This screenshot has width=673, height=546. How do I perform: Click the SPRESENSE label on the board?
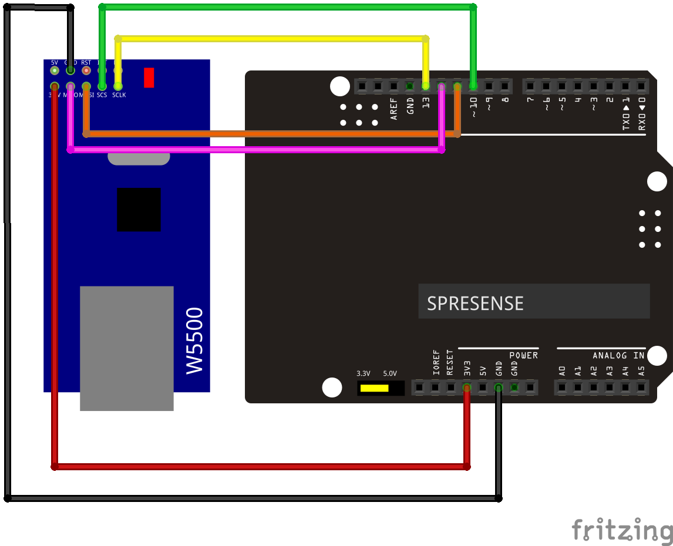(475, 303)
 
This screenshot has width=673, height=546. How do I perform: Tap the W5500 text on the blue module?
(194, 340)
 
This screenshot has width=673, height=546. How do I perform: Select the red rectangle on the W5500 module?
(149, 77)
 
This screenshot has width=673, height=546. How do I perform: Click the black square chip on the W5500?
(139, 210)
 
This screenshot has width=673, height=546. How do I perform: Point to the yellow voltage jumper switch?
(374, 388)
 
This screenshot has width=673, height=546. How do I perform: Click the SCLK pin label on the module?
(119, 95)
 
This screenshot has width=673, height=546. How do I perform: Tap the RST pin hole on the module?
(86, 70)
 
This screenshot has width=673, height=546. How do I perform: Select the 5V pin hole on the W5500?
(55, 70)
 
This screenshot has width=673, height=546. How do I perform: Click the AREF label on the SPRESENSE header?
(394, 109)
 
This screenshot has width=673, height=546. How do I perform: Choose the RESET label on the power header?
(450, 363)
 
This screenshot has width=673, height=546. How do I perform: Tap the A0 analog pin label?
(562, 371)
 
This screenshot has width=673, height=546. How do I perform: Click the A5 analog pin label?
(641, 371)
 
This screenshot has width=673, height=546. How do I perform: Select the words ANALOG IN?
(618, 356)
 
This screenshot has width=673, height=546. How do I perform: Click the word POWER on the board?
(523, 356)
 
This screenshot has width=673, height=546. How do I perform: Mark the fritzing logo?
(622, 530)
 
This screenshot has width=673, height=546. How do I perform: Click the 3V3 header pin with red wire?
(466, 387)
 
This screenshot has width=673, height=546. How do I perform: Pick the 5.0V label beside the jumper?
(390, 373)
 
